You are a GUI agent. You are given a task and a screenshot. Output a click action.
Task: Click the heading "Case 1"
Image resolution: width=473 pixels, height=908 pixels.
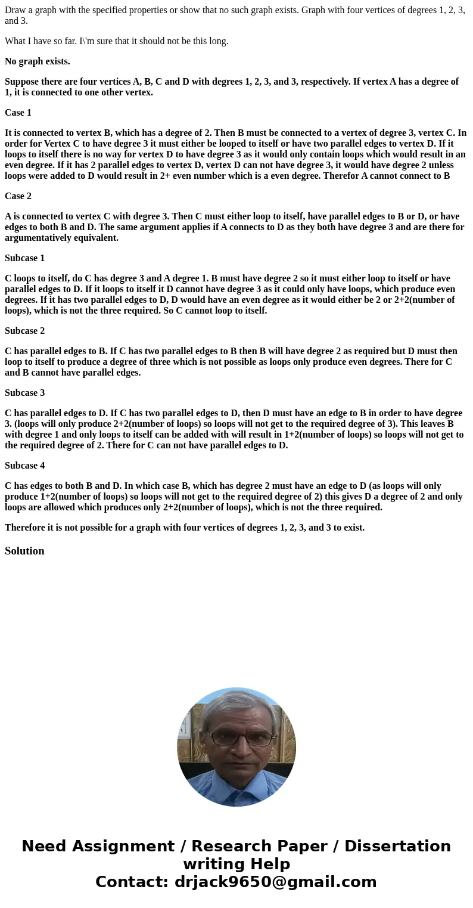click(x=18, y=113)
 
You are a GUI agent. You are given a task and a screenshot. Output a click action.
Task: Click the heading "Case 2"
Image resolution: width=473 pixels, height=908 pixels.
click(x=18, y=196)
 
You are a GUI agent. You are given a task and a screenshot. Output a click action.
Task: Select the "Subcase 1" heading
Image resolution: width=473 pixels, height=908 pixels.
click(x=24, y=258)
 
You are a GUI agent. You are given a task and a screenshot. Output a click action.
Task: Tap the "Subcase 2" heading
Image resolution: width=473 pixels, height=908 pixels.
click(x=24, y=331)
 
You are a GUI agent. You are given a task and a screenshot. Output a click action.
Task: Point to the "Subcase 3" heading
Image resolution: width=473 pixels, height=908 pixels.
click(x=24, y=393)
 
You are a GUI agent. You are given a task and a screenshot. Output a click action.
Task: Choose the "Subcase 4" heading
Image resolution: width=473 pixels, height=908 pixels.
click(x=24, y=466)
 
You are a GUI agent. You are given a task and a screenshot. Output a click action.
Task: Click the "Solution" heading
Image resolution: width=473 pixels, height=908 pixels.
click(x=24, y=551)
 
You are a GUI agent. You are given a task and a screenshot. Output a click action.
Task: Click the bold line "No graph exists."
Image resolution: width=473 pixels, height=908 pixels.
click(x=37, y=61)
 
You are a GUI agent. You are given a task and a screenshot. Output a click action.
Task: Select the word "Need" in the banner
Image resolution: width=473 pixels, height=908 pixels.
click(x=44, y=847)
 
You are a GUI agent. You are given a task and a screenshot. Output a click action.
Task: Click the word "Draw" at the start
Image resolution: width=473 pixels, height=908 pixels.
click(x=14, y=10)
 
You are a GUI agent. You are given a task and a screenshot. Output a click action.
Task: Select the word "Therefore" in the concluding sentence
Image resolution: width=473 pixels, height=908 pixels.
click(x=26, y=528)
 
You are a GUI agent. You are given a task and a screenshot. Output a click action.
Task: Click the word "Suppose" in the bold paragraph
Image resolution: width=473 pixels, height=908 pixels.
click(x=21, y=82)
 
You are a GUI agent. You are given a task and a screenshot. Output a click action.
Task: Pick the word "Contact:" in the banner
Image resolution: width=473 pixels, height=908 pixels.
click(x=132, y=882)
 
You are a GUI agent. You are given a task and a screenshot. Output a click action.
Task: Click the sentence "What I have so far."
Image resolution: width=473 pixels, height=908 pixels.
click(x=41, y=41)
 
